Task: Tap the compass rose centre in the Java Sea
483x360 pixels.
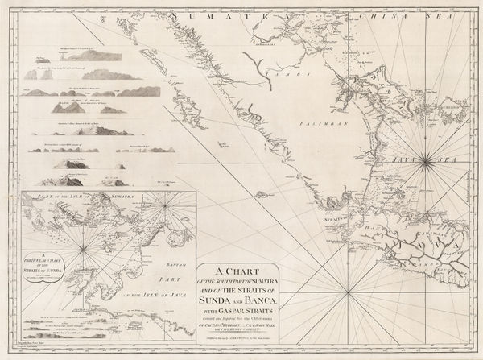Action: [x=426, y=162]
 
